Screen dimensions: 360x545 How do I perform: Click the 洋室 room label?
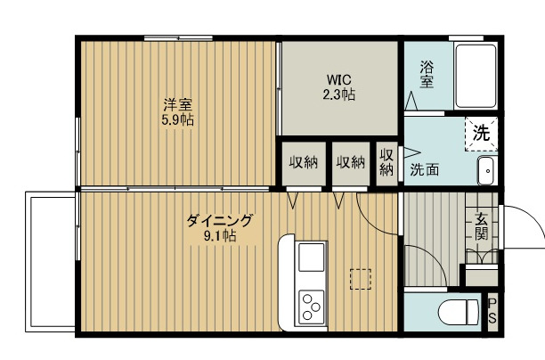(178, 104)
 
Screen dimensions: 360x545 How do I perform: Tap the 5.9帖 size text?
(178, 119)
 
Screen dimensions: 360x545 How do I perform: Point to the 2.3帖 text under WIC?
(339, 94)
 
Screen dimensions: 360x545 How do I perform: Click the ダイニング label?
(219, 220)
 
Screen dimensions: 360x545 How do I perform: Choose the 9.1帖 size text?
(219, 236)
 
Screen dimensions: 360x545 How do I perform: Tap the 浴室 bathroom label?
(427, 73)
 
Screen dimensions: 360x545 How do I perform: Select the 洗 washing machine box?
(480, 135)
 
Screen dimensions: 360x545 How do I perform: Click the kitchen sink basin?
(312, 258)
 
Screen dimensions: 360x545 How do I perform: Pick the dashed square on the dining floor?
(361, 279)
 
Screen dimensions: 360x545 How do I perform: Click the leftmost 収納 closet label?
(303, 163)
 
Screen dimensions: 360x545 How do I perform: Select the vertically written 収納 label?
(386, 162)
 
